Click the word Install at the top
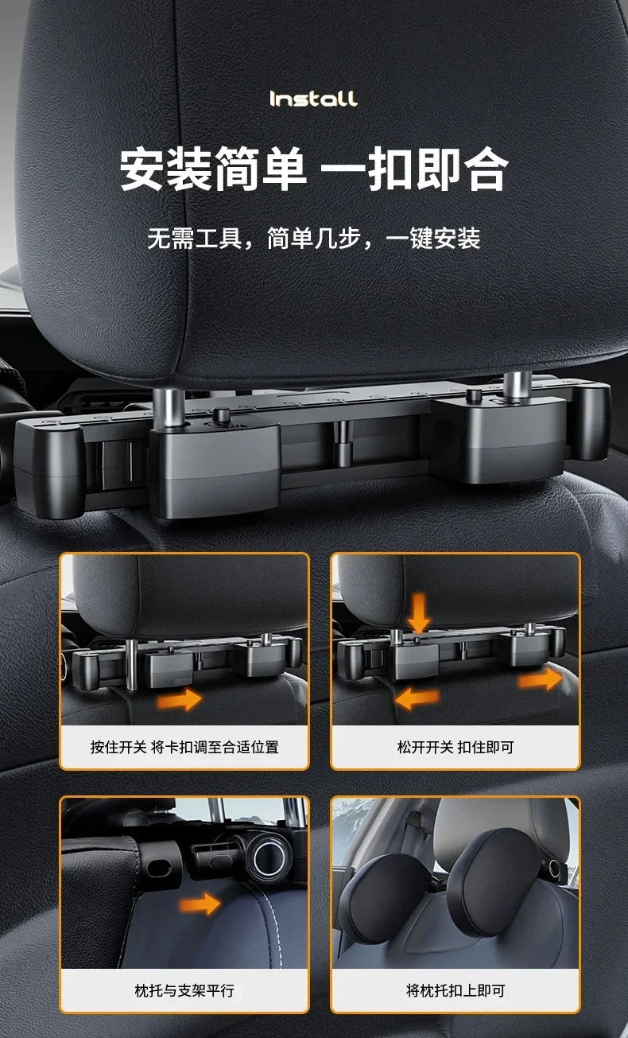point(314,99)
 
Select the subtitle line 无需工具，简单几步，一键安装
point(314,238)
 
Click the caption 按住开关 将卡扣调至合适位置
point(184,747)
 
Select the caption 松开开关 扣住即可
point(455,747)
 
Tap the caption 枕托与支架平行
point(184,990)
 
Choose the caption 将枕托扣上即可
point(455,990)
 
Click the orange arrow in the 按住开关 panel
point(178,700)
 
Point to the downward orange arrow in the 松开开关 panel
point(419,612)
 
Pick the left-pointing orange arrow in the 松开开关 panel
point(417,698)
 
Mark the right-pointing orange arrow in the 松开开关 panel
point(540,680)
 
